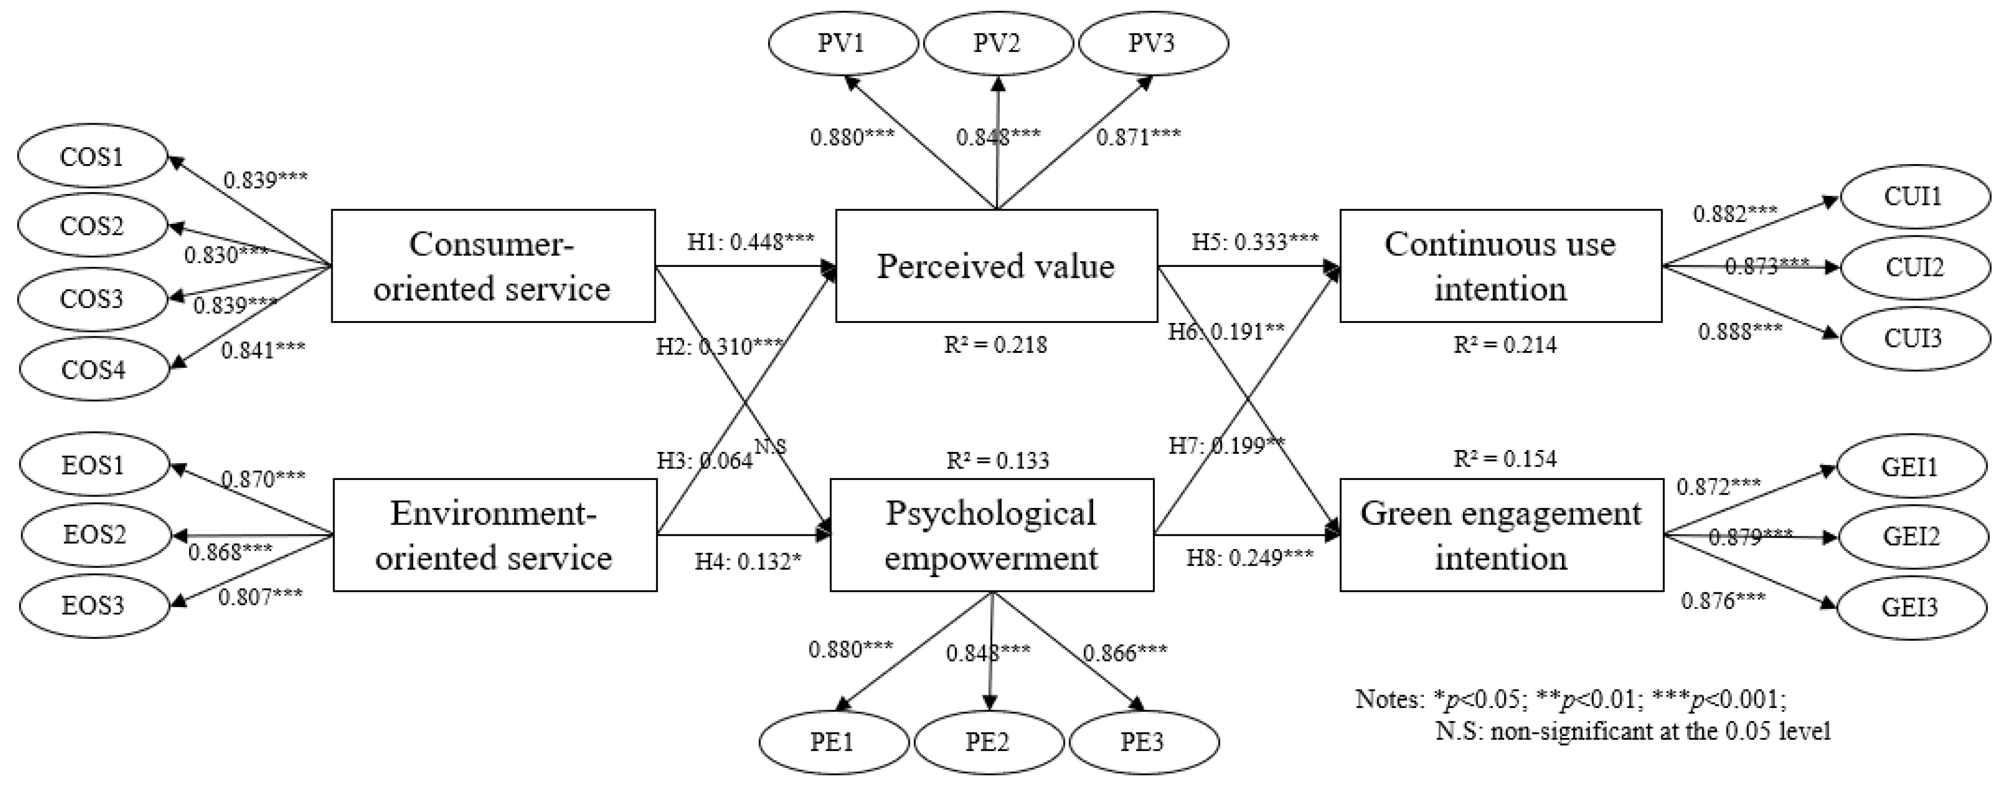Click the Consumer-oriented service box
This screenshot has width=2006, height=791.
pyautogui.click(x=492, y=266)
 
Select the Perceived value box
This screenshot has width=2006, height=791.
pyautogui.click(x=996, y=266)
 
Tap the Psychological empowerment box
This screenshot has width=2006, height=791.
pyautogui.click(x=991, y=535)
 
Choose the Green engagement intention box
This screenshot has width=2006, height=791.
pyautogui.click(x=1501, y=535)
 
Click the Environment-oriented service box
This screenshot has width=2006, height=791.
pyautogui.click(x=494, y=535)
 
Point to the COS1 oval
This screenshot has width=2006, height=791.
pyautogui.click(x=92, y=156)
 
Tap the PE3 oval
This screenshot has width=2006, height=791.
pyautogui.click(x=1143, y=741)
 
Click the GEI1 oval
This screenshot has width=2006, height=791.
pyautogui.click(x=1911, y=467)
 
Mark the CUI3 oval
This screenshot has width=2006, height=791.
pyautogui.click(x=1913, y=338)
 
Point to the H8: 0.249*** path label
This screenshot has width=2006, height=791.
pyautogui.click(x=1250, y=558)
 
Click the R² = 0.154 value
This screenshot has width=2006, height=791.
pyautogui.click(x=1505, y=458)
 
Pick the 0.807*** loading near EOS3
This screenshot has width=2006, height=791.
pyautogui.click(x=260, y=598)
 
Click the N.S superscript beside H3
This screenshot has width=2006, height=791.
pyautogui.click(x=770, y=447)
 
